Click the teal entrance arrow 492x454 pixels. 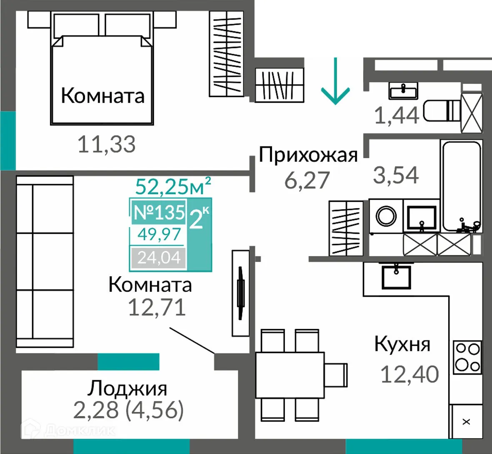[x=335, y=81]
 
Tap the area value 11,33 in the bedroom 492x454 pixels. [x=107, y=144]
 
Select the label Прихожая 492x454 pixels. [x=308, y=155]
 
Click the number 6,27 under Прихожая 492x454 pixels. [x=307, y=180]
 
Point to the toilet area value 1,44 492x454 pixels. [x=396, y=115]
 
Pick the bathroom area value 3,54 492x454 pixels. [x=395, y=175]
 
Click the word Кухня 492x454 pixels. [x=402, y=344]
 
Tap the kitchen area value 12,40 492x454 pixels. [x=410, y=374]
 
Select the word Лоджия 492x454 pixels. [x=127, y=388]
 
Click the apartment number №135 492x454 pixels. [x=158, y=212]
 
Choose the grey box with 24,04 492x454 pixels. [x=159, y=258]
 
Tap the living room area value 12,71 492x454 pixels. [x=156, y=308]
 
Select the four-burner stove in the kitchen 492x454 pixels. [x=467, y=357]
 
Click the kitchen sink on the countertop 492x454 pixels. [x=396, y=276]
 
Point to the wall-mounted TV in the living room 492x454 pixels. [x=240, y=293]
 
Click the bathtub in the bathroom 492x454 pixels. [x=461, y=186]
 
